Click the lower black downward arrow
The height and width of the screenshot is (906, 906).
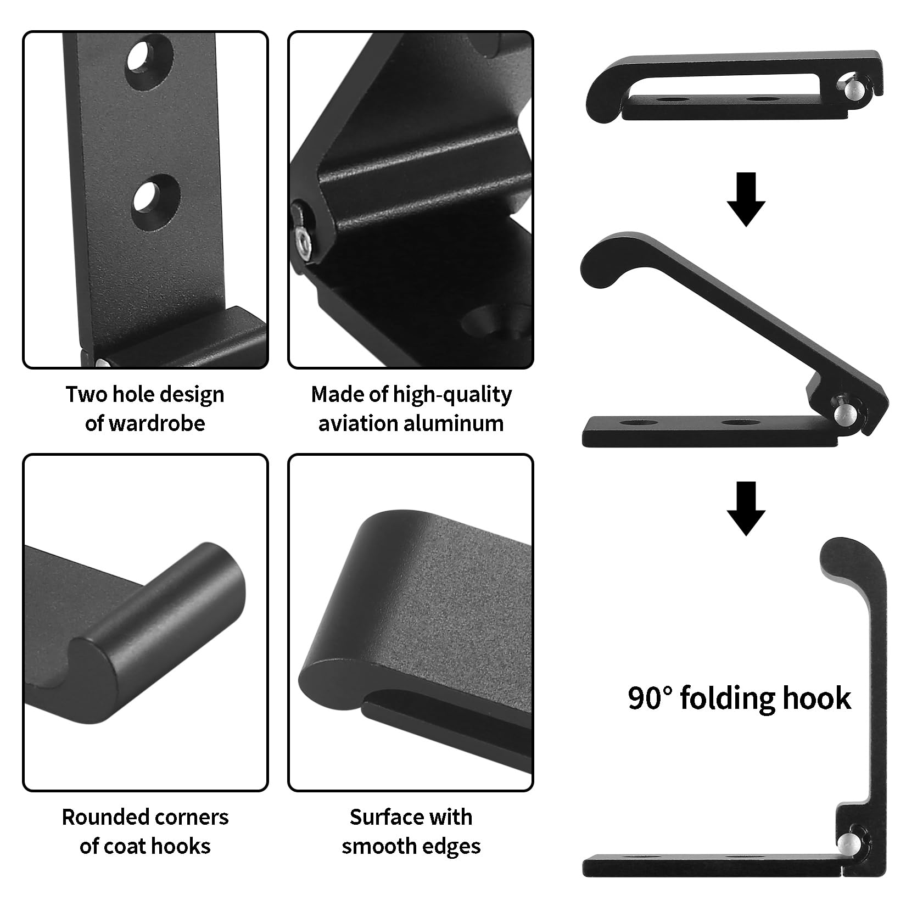[x=746, y=508]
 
